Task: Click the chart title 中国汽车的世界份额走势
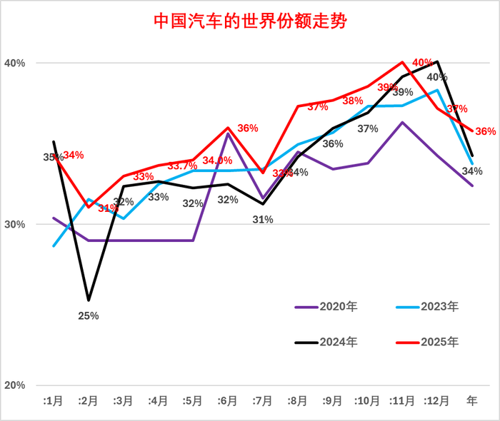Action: click(250, 20)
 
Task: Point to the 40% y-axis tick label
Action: click(16, 63)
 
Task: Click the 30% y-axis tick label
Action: click(16, 224)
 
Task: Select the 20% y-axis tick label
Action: click(16, 385)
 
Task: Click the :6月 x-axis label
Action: click(228, 401)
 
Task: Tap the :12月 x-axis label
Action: click(436, 401)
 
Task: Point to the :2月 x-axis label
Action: click(89, 401)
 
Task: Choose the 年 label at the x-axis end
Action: click(472, 401)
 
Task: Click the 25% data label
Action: click(89, 315)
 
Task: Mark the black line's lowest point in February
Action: click(89, 300)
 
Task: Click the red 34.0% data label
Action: click(217, 161)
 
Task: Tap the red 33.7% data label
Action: click(182, 166)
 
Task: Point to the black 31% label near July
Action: click(263, 220)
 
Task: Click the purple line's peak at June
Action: click(228, 133)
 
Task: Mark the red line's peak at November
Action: click(403, 63)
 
